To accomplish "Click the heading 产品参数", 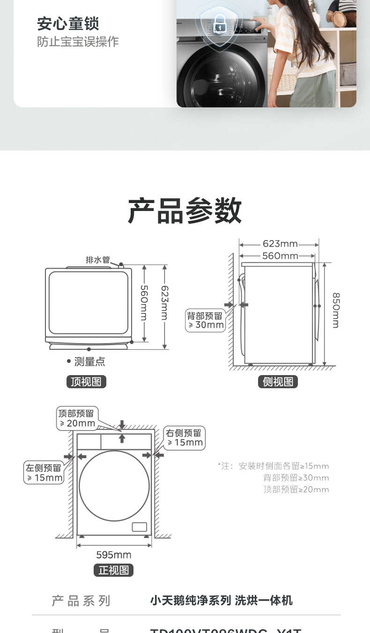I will (185, 211).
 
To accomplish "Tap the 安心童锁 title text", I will (68, 23).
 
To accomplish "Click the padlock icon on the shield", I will (219, 24).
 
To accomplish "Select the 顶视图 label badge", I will (86, 382).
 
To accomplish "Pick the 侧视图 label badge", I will (278, 382).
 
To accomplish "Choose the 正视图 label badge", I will (114, 570).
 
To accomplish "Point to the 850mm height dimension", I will (336, 310).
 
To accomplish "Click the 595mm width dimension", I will (114, 555).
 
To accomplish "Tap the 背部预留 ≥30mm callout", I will (205, 320).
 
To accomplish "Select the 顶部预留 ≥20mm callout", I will (77, 418).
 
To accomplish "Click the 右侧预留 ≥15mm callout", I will (184, 438).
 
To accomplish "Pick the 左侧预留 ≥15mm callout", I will (44, 473).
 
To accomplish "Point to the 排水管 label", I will (97, 260).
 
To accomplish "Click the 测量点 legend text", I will (89, 362).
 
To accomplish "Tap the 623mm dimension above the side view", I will (280, 244).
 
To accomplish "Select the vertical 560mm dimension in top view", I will (144, 303).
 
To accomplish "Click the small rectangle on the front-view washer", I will (139, 527).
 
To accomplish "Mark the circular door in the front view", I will (114, 486).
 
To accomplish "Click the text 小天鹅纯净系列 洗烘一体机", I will (221, 601).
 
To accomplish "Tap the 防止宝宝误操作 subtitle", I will (78, 42).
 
